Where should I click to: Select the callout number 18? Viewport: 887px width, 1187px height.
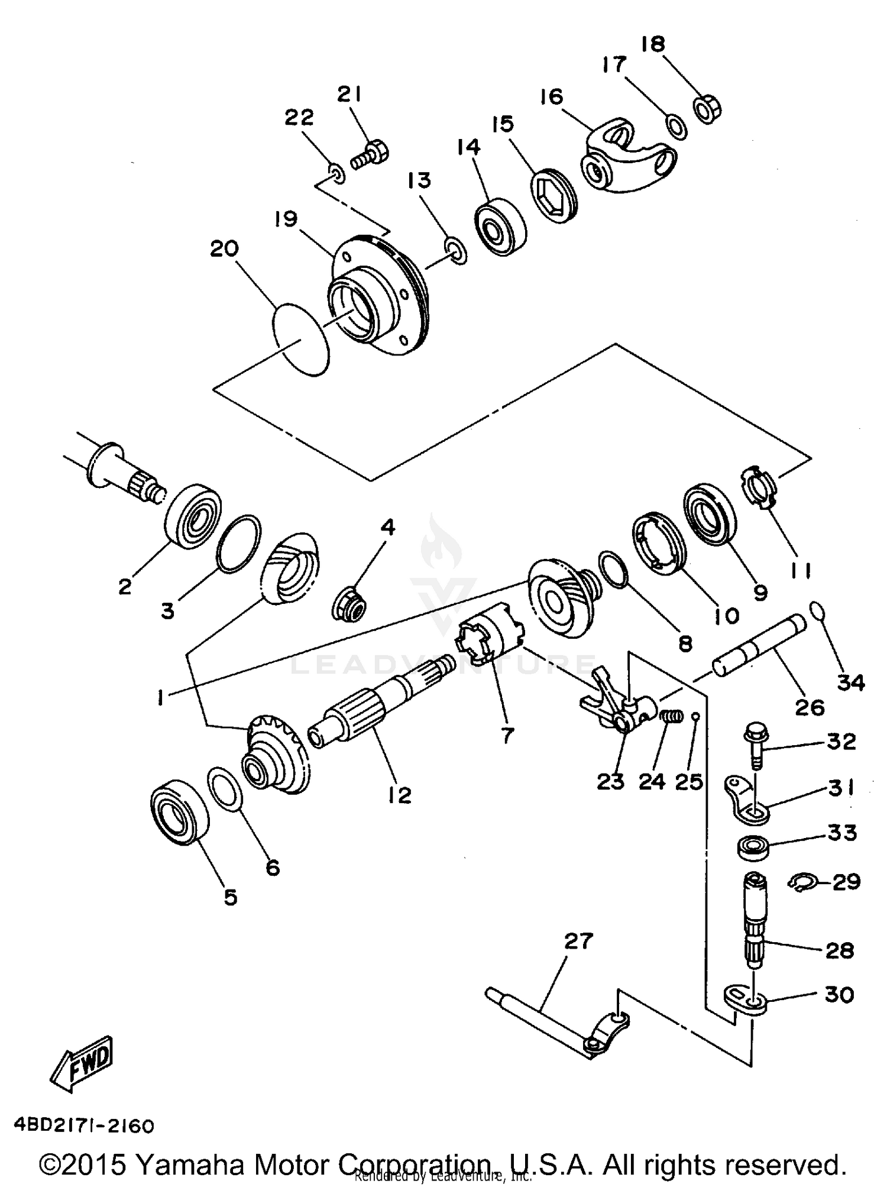[x=652, y=44]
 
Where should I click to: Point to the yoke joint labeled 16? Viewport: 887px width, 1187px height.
[x=627, y=156]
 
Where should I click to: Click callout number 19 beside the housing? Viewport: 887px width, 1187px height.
[x=286, y=219]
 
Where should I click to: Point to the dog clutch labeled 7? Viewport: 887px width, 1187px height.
[x=490, y=638]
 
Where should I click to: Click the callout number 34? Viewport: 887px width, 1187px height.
[x=851, y=683]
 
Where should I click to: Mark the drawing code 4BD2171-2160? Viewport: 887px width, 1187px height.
[x=82, y=1125]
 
